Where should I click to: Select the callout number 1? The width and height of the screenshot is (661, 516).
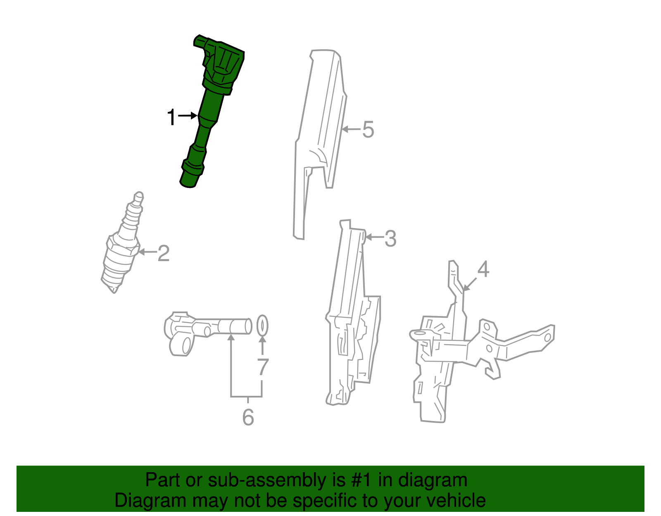(171, 118)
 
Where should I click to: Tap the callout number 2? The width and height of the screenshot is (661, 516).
(164, 253)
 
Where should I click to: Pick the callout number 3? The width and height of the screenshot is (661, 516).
(390, 238)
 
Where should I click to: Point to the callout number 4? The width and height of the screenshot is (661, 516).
(483, 269)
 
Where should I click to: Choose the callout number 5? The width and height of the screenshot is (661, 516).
(368, 129)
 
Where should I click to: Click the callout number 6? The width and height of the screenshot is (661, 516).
(248, 417)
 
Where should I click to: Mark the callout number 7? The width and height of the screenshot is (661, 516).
(263, 367)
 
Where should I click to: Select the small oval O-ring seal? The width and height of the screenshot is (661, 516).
(262, 326)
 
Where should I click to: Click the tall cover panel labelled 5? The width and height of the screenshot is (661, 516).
(318, 136)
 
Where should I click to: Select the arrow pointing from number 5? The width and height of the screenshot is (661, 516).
(351, 129)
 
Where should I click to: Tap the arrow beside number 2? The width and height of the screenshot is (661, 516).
(147, 252)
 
